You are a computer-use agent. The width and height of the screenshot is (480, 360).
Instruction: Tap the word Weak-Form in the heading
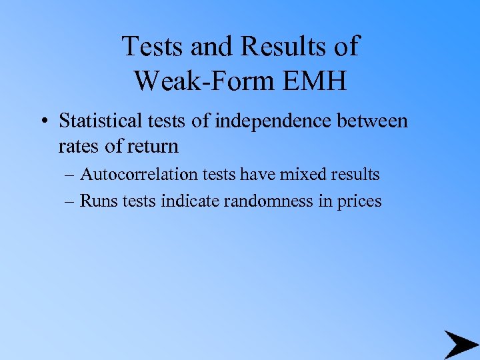point(199,81)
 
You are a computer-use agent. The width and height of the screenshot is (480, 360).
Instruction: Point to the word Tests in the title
point(154,47)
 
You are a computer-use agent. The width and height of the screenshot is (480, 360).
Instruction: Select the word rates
point(79,145)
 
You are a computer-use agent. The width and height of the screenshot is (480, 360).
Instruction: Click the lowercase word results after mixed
point(353,175)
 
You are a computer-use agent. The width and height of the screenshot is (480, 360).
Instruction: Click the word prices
point(357,201)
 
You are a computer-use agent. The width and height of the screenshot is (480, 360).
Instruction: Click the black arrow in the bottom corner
point(461,344)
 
